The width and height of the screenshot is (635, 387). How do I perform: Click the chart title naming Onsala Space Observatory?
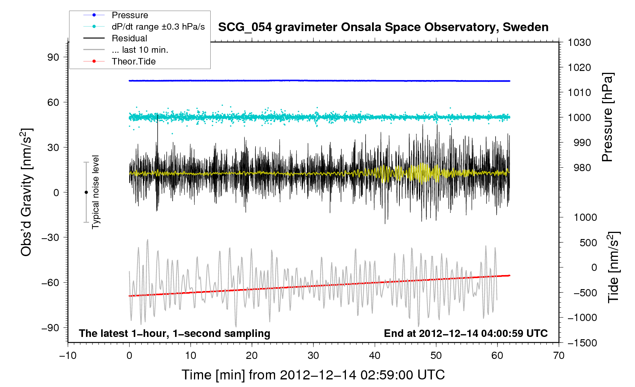pos(383,27)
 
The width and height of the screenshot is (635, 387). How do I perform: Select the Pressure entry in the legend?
pos(130,15)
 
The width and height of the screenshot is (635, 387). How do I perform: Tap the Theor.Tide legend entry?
pos(133,61)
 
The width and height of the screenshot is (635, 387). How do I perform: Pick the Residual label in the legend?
pos(129,38)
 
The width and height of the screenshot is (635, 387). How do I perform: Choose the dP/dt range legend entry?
pos(158,27)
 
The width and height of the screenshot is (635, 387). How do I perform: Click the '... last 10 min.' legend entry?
pos(140,50)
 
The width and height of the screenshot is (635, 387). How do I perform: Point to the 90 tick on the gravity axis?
pos(53,57)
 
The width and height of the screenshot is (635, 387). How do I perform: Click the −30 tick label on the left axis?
pos(51,238)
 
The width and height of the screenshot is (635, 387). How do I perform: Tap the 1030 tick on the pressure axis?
pos(579,42)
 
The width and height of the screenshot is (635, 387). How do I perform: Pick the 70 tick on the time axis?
pos(559,356)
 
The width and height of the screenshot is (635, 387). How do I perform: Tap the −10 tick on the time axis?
pos(68,356)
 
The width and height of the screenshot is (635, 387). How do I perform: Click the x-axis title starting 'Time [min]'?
pos(313,375)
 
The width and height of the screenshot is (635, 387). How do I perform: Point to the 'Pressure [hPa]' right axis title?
pos(607,117)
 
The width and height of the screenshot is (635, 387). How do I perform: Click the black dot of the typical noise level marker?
pos(86,192)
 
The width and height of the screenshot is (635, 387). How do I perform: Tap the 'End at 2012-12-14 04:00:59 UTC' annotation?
pos(466,334)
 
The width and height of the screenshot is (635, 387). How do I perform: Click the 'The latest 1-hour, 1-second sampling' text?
pos(175,334)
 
